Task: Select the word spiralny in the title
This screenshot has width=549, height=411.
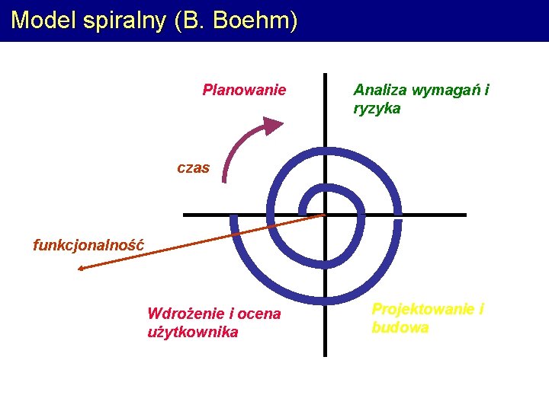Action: coord(122,21)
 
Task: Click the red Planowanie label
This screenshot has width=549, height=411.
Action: coord(244,90)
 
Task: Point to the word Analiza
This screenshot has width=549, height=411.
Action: coord(380,90)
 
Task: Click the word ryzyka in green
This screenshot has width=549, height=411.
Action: coord(377,109)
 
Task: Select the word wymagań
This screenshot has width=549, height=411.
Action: coord(441,91)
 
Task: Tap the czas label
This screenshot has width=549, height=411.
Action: coord(193,168)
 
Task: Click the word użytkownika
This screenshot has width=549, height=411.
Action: coord(192,332)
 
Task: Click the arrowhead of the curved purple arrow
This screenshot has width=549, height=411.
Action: coord(271,126)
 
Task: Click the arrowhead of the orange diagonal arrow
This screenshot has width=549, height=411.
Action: coord(82,267)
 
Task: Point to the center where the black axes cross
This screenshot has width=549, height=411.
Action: coord(325,215)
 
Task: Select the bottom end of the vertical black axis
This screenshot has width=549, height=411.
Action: coord(325,354)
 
